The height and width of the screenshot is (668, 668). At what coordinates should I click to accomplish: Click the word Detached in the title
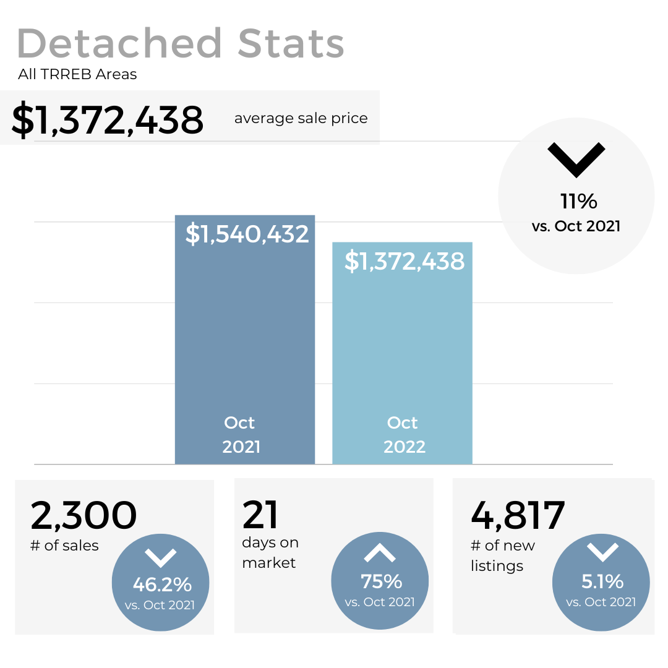(119, 44)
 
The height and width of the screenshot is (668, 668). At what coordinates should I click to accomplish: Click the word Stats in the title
(291, 44)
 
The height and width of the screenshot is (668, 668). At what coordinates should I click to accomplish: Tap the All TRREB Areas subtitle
(77, 75)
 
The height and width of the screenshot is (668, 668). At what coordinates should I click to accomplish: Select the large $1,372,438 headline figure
(108, 120)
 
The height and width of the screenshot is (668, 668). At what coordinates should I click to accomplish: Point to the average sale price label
(301, 118)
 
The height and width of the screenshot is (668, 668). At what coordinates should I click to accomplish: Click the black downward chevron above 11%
(576, 160)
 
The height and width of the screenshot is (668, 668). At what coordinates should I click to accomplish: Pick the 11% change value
(578, 201)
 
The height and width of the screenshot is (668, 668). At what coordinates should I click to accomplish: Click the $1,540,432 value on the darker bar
(247, 234)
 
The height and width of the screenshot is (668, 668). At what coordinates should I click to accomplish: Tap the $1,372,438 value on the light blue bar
(404, 262)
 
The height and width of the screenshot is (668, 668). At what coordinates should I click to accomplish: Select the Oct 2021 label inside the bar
(241, 435)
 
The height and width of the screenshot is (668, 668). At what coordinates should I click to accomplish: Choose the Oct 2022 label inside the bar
(404, 435)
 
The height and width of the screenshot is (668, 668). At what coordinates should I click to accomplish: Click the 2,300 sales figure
(83, 515)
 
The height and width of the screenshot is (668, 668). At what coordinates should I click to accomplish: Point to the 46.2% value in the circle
(162, 584)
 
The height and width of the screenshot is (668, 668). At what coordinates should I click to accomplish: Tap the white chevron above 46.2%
(161, 557)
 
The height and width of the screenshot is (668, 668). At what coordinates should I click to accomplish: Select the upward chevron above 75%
(379, 553)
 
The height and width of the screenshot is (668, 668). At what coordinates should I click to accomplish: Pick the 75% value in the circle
(381, 581)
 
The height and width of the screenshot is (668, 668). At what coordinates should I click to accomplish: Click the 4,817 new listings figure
(518, 515)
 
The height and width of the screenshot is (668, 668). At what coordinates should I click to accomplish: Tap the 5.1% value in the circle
(602, 581)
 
